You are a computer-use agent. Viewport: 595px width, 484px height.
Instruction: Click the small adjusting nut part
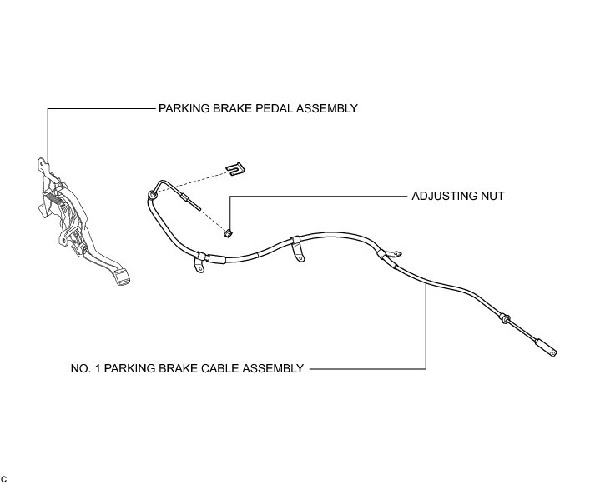point(228,231)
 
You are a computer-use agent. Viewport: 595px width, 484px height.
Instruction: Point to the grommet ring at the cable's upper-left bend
point(152,195)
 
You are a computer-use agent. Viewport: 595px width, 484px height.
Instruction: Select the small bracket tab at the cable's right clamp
point(396,246)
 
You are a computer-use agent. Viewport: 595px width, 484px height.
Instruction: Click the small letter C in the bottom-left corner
point(4,477)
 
